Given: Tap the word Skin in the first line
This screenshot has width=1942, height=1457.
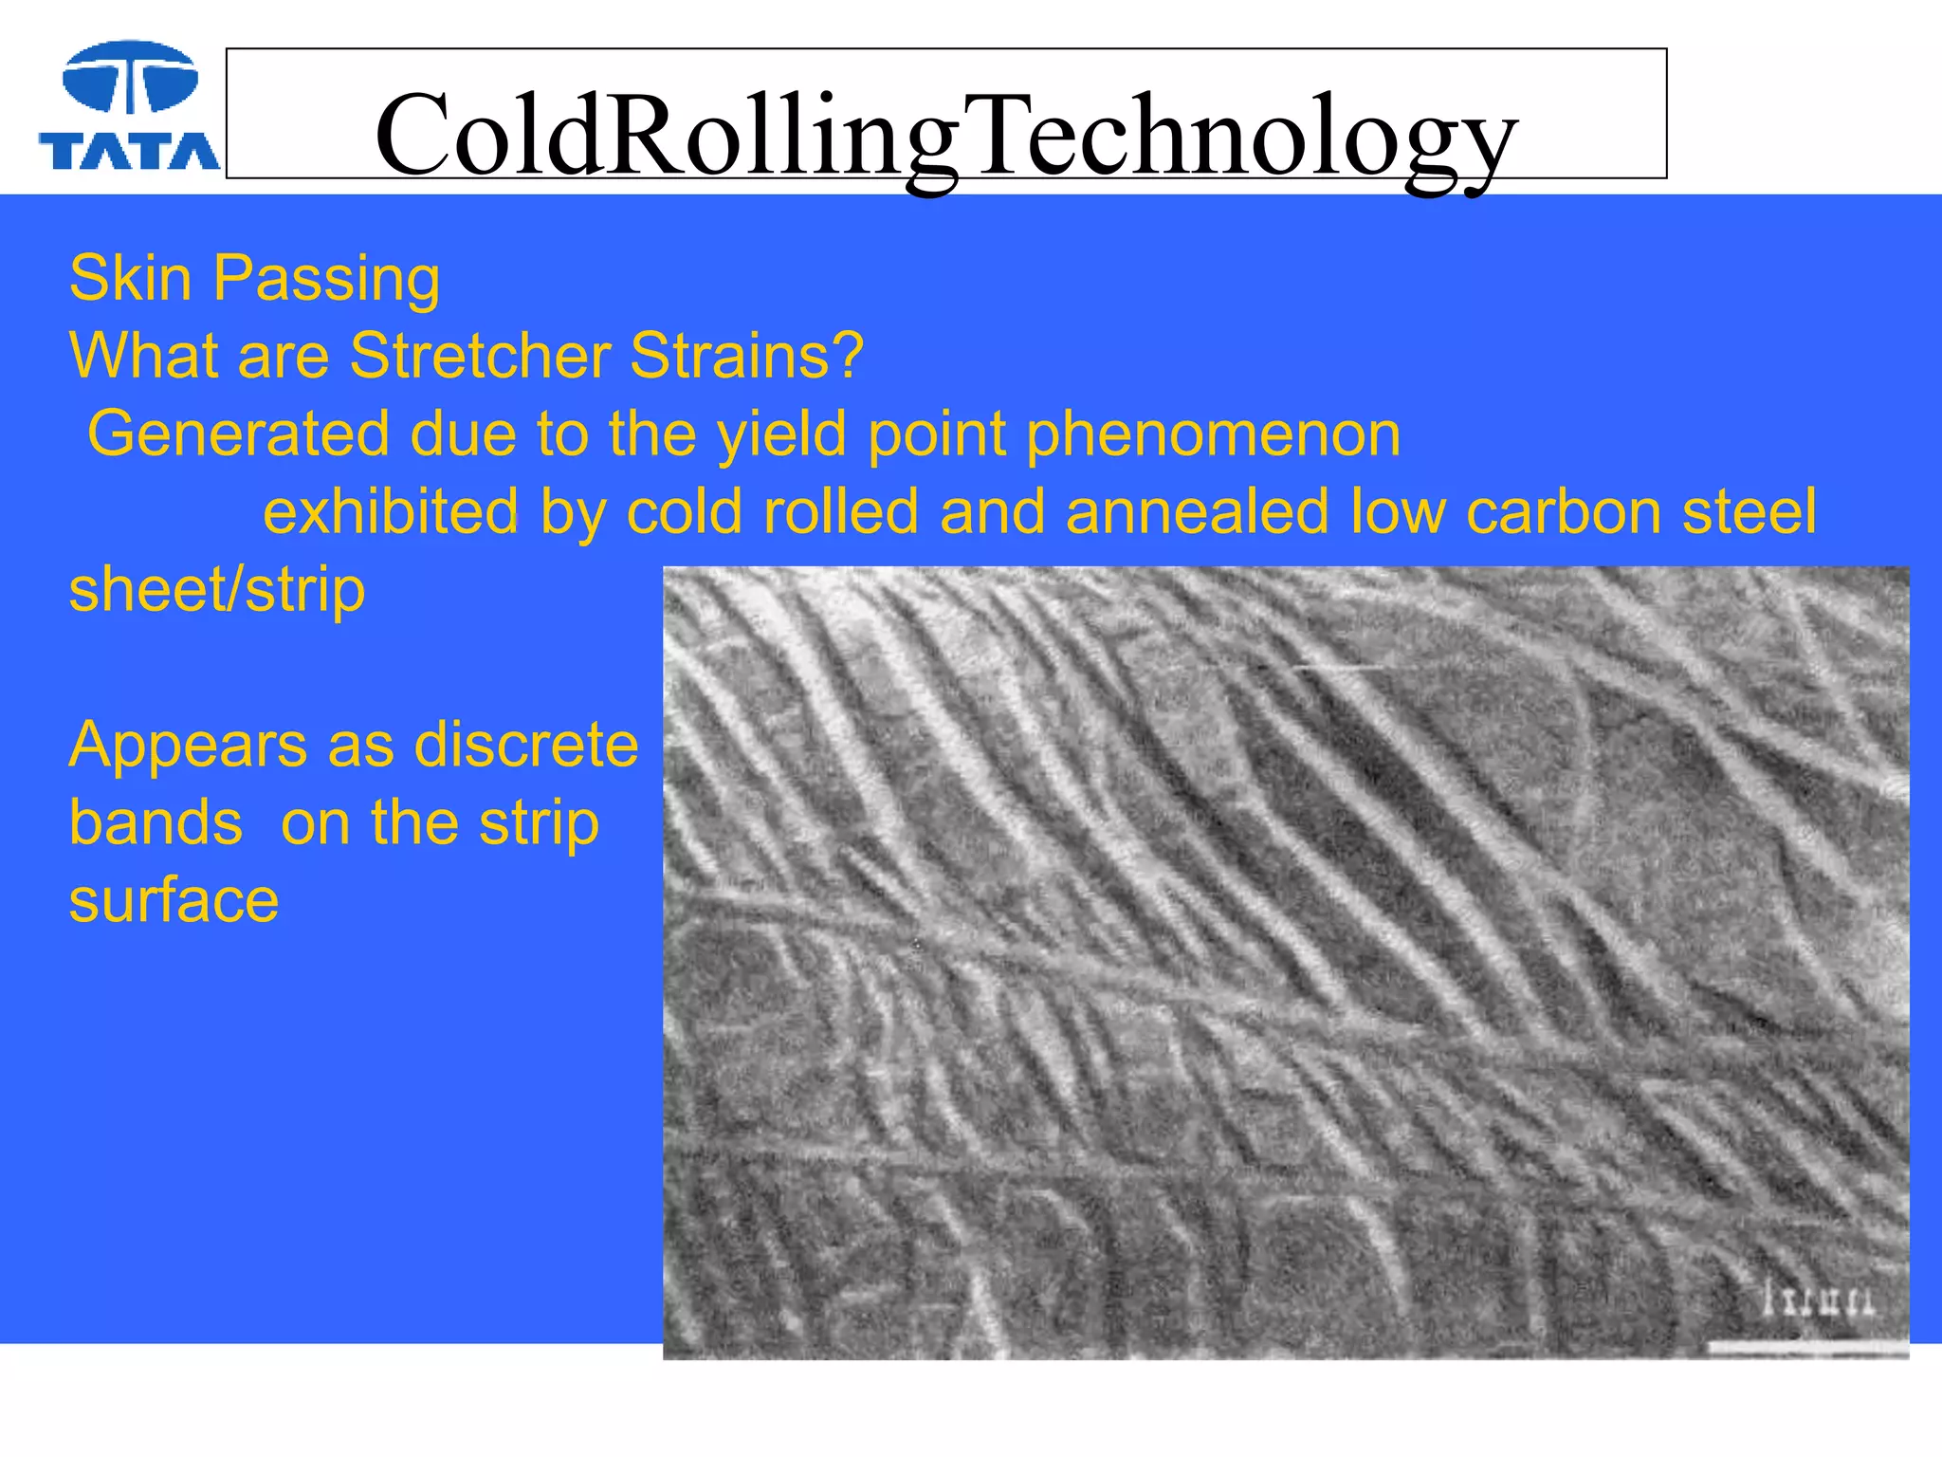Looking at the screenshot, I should (x=131, y=279).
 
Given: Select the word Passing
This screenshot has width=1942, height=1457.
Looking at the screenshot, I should (x=326, y=281).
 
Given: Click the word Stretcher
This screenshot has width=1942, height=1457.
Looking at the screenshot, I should (x=480, y=357).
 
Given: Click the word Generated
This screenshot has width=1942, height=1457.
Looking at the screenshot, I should (x=238, y=434).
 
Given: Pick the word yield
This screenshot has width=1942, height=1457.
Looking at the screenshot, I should (x=781, y=434).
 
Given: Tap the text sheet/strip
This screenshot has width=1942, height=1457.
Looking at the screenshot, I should (x=217, y=590).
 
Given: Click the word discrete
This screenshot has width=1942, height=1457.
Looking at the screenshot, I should (x=527, y=745).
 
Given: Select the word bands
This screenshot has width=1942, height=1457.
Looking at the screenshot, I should (x=156, y=822).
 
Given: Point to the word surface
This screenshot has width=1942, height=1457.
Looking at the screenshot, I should (x=174, y=900).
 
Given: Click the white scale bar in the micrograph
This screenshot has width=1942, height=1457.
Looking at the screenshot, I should (x=1807, y=1347).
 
